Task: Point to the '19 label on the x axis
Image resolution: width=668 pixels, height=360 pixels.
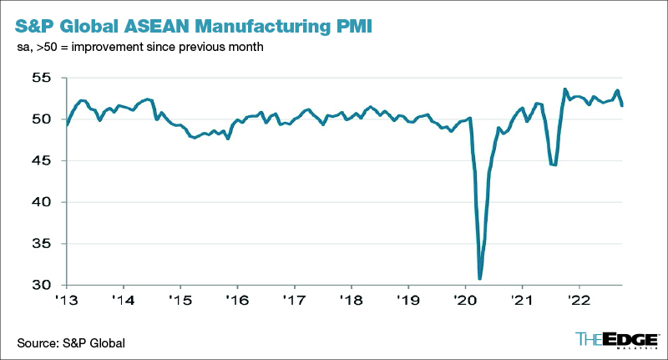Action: (408, 299)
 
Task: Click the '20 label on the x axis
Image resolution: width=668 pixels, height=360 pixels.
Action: (465, 299)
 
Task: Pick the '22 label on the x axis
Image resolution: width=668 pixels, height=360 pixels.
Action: (579, 299)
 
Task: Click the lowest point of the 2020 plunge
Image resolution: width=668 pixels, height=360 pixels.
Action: (479, 278)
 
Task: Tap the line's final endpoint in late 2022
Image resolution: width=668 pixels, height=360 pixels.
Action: (622, 104)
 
